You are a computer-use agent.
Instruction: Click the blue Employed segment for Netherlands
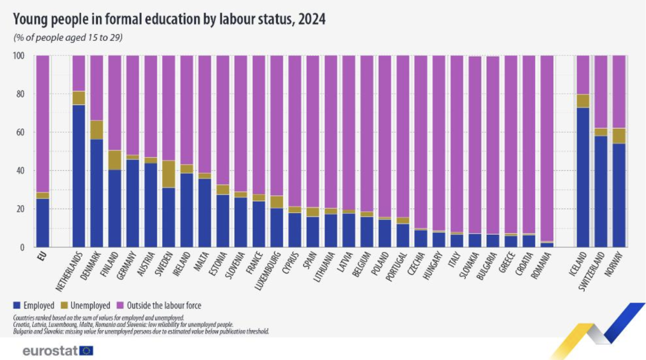79,176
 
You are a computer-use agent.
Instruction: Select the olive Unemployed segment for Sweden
169,174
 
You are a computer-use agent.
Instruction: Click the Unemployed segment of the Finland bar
115,160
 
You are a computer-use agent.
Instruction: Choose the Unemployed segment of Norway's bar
619,136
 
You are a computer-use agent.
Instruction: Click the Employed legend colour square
16,306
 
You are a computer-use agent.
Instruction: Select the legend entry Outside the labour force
160,306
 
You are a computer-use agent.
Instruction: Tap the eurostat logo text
50,351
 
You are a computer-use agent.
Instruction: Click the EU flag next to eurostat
87,351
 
